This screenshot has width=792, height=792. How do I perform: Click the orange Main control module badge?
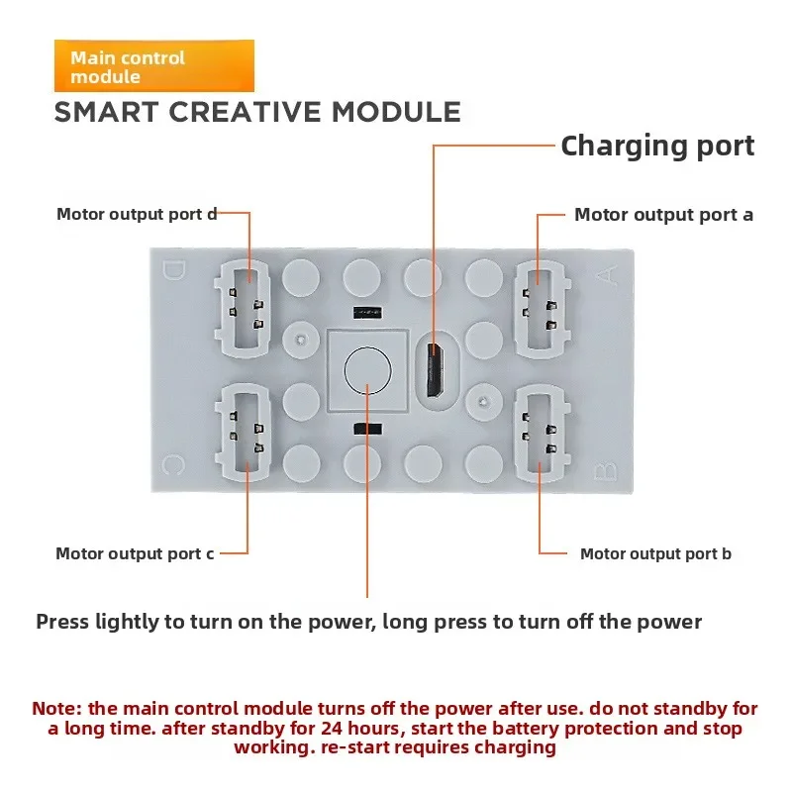[153, 66]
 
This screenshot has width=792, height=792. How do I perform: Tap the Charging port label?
[657, 147]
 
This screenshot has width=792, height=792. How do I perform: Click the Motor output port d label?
[137, 214]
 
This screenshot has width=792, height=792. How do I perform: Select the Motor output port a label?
[663, 215]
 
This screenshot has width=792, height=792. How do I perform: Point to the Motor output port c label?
[135, 553]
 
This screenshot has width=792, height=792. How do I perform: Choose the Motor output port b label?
[655, 553]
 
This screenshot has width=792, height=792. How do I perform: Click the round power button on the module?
[368, 370]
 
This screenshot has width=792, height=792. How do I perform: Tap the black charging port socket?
[433, 367]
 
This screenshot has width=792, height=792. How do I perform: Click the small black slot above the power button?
[365, 312]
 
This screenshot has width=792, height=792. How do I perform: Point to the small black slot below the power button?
[367, 429]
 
